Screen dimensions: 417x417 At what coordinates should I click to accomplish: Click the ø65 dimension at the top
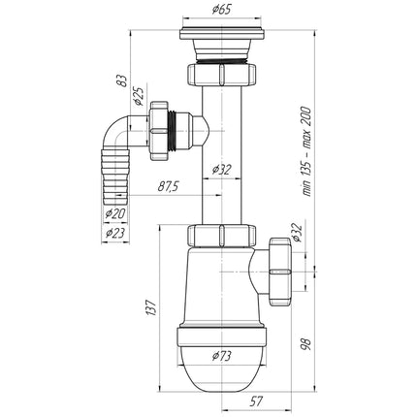pos(222,10)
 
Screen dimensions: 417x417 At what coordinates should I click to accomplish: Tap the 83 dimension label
pos(121,80)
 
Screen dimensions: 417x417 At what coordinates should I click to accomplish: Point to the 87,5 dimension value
pos(168,186)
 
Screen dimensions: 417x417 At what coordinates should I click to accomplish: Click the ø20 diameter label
pos(115,213)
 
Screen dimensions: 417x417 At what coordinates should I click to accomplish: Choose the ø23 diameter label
pos(115,233)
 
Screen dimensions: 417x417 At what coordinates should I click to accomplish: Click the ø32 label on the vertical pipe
pos(222,169)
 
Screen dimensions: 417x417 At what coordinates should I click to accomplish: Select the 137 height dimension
pos(151,308)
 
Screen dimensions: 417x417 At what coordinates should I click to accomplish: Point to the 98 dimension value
pos(306,344)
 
